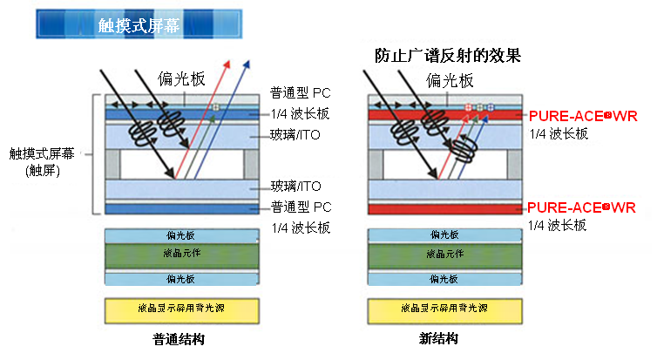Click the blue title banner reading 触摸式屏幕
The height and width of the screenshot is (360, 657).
[x=139, y=24]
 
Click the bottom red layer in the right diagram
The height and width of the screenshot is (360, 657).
[x=444, y=209]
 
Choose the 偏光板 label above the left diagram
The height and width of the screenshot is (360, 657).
[x=181, y=80]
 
